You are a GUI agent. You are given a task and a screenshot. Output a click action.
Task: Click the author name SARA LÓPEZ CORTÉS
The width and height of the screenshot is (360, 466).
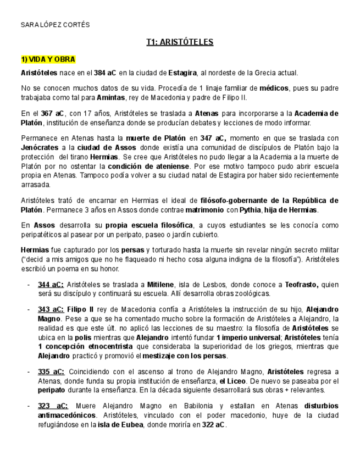point(55,25)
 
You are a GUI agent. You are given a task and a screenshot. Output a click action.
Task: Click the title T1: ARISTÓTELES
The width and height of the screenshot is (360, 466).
point(180,42)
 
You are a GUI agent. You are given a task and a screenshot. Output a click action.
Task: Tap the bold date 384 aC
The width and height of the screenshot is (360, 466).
point(105,73)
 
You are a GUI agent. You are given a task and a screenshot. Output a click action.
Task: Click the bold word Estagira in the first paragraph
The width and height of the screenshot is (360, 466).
point(182,73)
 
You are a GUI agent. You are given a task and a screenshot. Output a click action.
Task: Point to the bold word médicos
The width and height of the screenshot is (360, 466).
point(273,88)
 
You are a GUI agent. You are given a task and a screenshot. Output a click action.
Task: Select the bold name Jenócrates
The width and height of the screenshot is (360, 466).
point(40,148)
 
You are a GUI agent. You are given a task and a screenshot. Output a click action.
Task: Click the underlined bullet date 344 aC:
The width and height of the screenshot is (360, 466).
point(51,285)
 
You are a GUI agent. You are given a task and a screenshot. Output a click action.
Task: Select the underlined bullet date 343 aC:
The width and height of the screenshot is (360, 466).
point(51,309)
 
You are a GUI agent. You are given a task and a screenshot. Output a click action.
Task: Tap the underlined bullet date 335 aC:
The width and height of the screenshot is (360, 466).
point(51,372)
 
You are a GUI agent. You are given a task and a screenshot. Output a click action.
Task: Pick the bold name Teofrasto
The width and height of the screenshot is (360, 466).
point(301,285)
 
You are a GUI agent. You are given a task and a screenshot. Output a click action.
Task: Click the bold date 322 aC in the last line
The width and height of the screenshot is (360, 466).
point(213,425)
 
